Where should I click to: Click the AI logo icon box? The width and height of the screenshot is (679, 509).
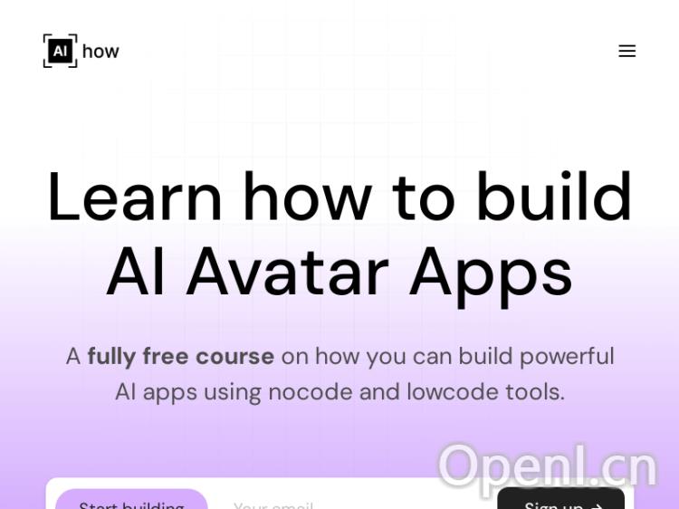coord(60,51)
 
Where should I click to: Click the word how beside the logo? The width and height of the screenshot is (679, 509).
coord(100,52)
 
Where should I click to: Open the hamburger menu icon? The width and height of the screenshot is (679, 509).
coord(626,51)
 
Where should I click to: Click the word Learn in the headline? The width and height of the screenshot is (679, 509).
coord(134,197)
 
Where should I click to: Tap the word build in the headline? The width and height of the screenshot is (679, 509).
coord(553,197)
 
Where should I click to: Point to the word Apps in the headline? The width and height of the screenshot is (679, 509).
coord(491,274)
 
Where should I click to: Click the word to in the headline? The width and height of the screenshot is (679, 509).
coord(423,197)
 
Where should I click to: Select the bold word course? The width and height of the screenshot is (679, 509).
coord(234,356)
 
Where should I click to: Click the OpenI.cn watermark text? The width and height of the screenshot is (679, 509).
coord(547,466)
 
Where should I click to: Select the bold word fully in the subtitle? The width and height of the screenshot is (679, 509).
coord(111,357)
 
